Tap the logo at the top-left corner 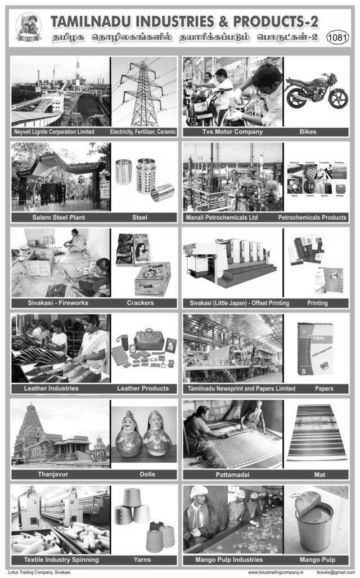[x=28, y=26]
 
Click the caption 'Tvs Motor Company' [x=232, y=132]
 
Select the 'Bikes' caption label [x=308, y=132]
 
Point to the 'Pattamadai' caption [x=232, y=474]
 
